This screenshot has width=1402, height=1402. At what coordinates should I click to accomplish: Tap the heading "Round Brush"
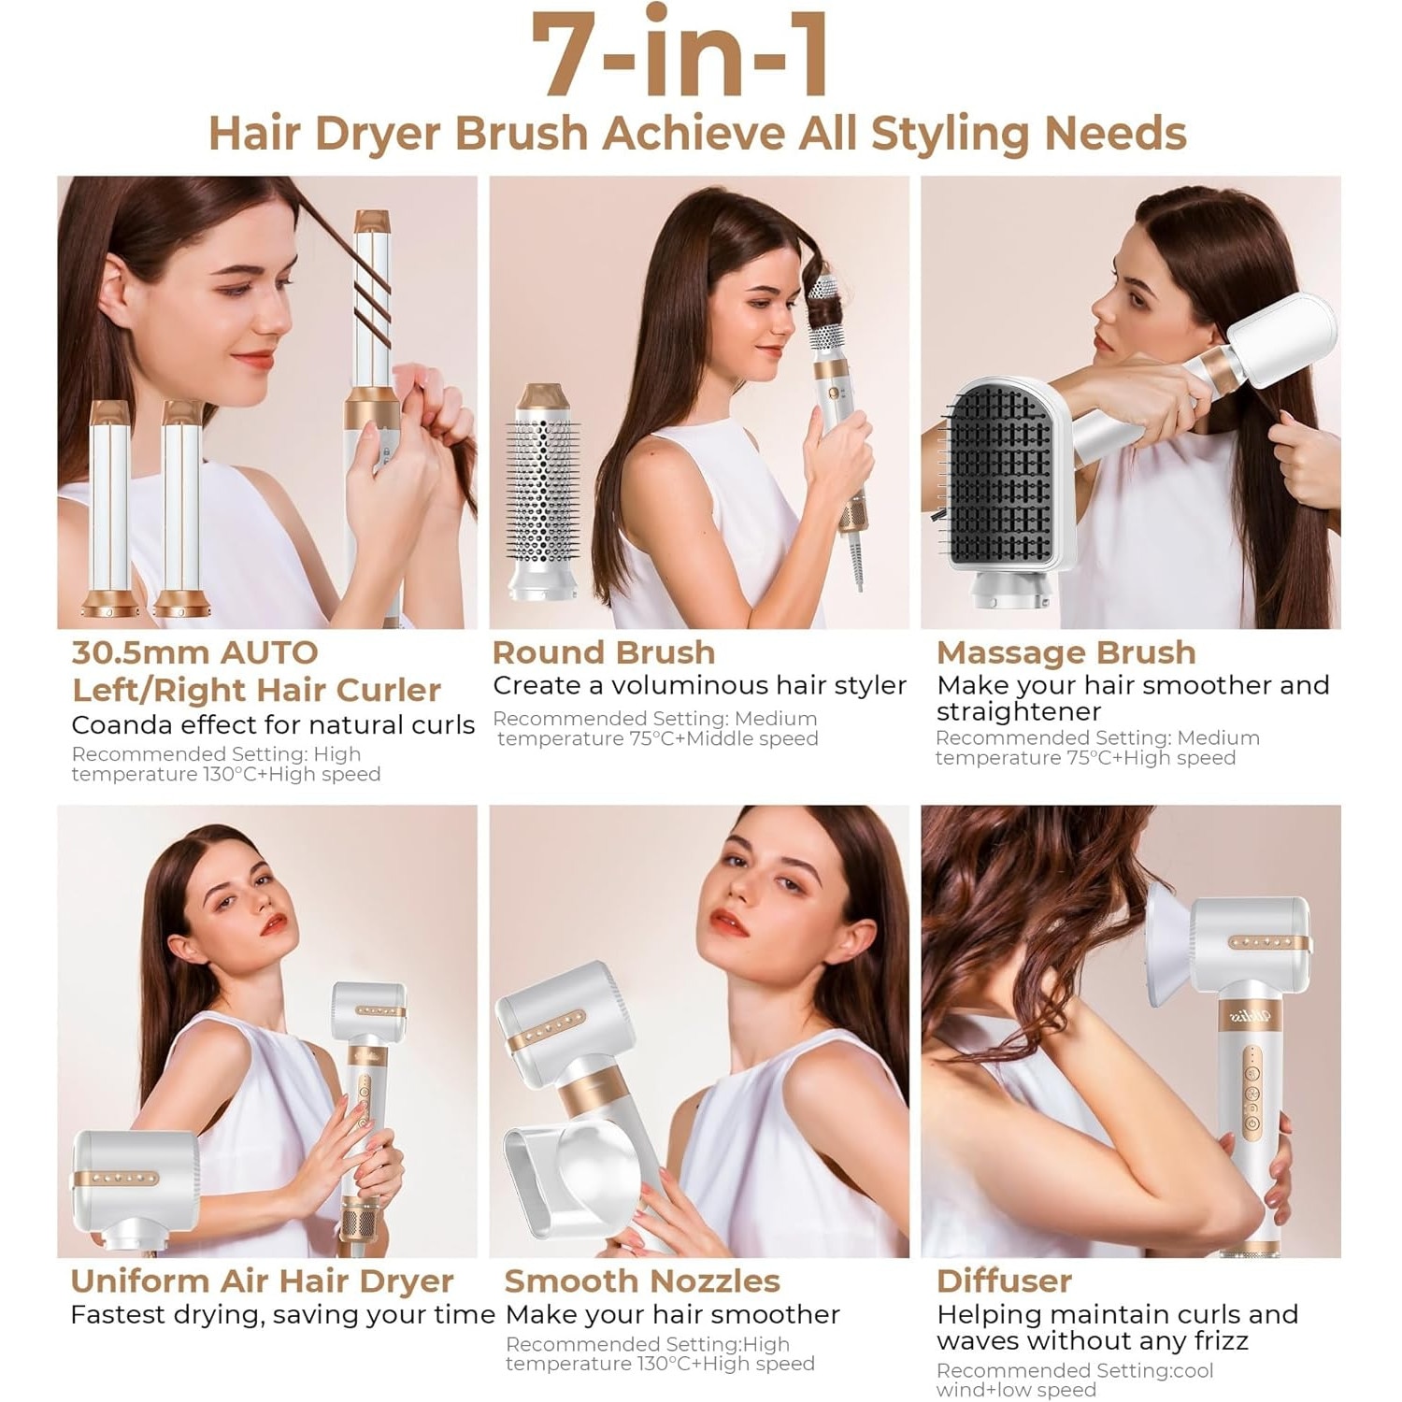click(604, 652)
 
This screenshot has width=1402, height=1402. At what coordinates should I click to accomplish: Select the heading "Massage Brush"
click(1066, 652)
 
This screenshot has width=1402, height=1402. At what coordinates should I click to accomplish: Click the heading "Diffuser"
click(1004, 1280)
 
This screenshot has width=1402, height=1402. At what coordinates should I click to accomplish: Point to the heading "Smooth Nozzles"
click(642, 1280)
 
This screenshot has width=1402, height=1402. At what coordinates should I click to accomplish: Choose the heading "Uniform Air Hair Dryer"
click(262, 1281)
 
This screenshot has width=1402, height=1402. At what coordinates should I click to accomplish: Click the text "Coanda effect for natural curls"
click(273, 725)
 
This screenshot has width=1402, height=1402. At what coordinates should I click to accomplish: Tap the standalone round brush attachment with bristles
click(542, 491)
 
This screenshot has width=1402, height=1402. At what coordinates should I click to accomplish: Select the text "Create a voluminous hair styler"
click(700, 686)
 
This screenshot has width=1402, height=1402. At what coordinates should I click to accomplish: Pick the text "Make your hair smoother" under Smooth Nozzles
click(673, 1315)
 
